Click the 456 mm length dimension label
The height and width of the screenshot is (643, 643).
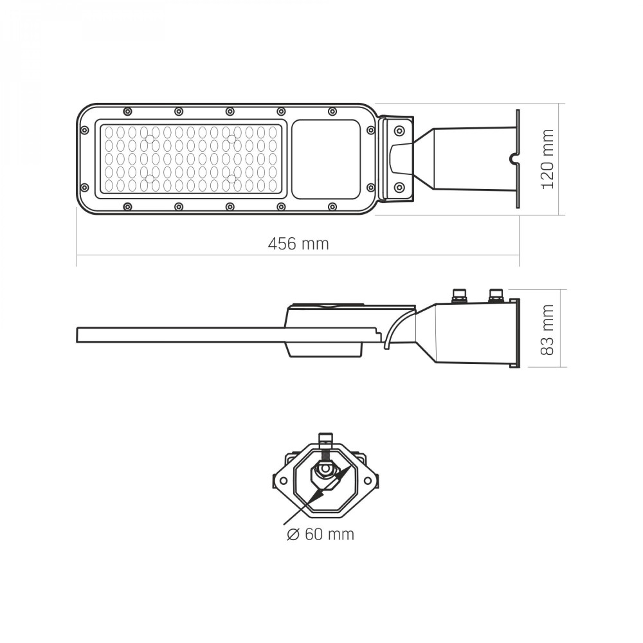click(x=298, y=244)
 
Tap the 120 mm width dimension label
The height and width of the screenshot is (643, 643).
click(x=548, y=159)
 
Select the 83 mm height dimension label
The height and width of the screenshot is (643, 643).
click(x=548, y=330)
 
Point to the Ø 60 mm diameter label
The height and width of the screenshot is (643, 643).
click(x=320, y=534)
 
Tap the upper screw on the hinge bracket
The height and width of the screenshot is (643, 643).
click(x=398, y=131)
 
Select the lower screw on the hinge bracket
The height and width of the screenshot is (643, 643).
click(x=398, y=188)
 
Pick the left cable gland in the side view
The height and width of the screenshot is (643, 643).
click(x=458, y=296)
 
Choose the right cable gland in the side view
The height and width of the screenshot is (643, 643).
click(x=496, y=296)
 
